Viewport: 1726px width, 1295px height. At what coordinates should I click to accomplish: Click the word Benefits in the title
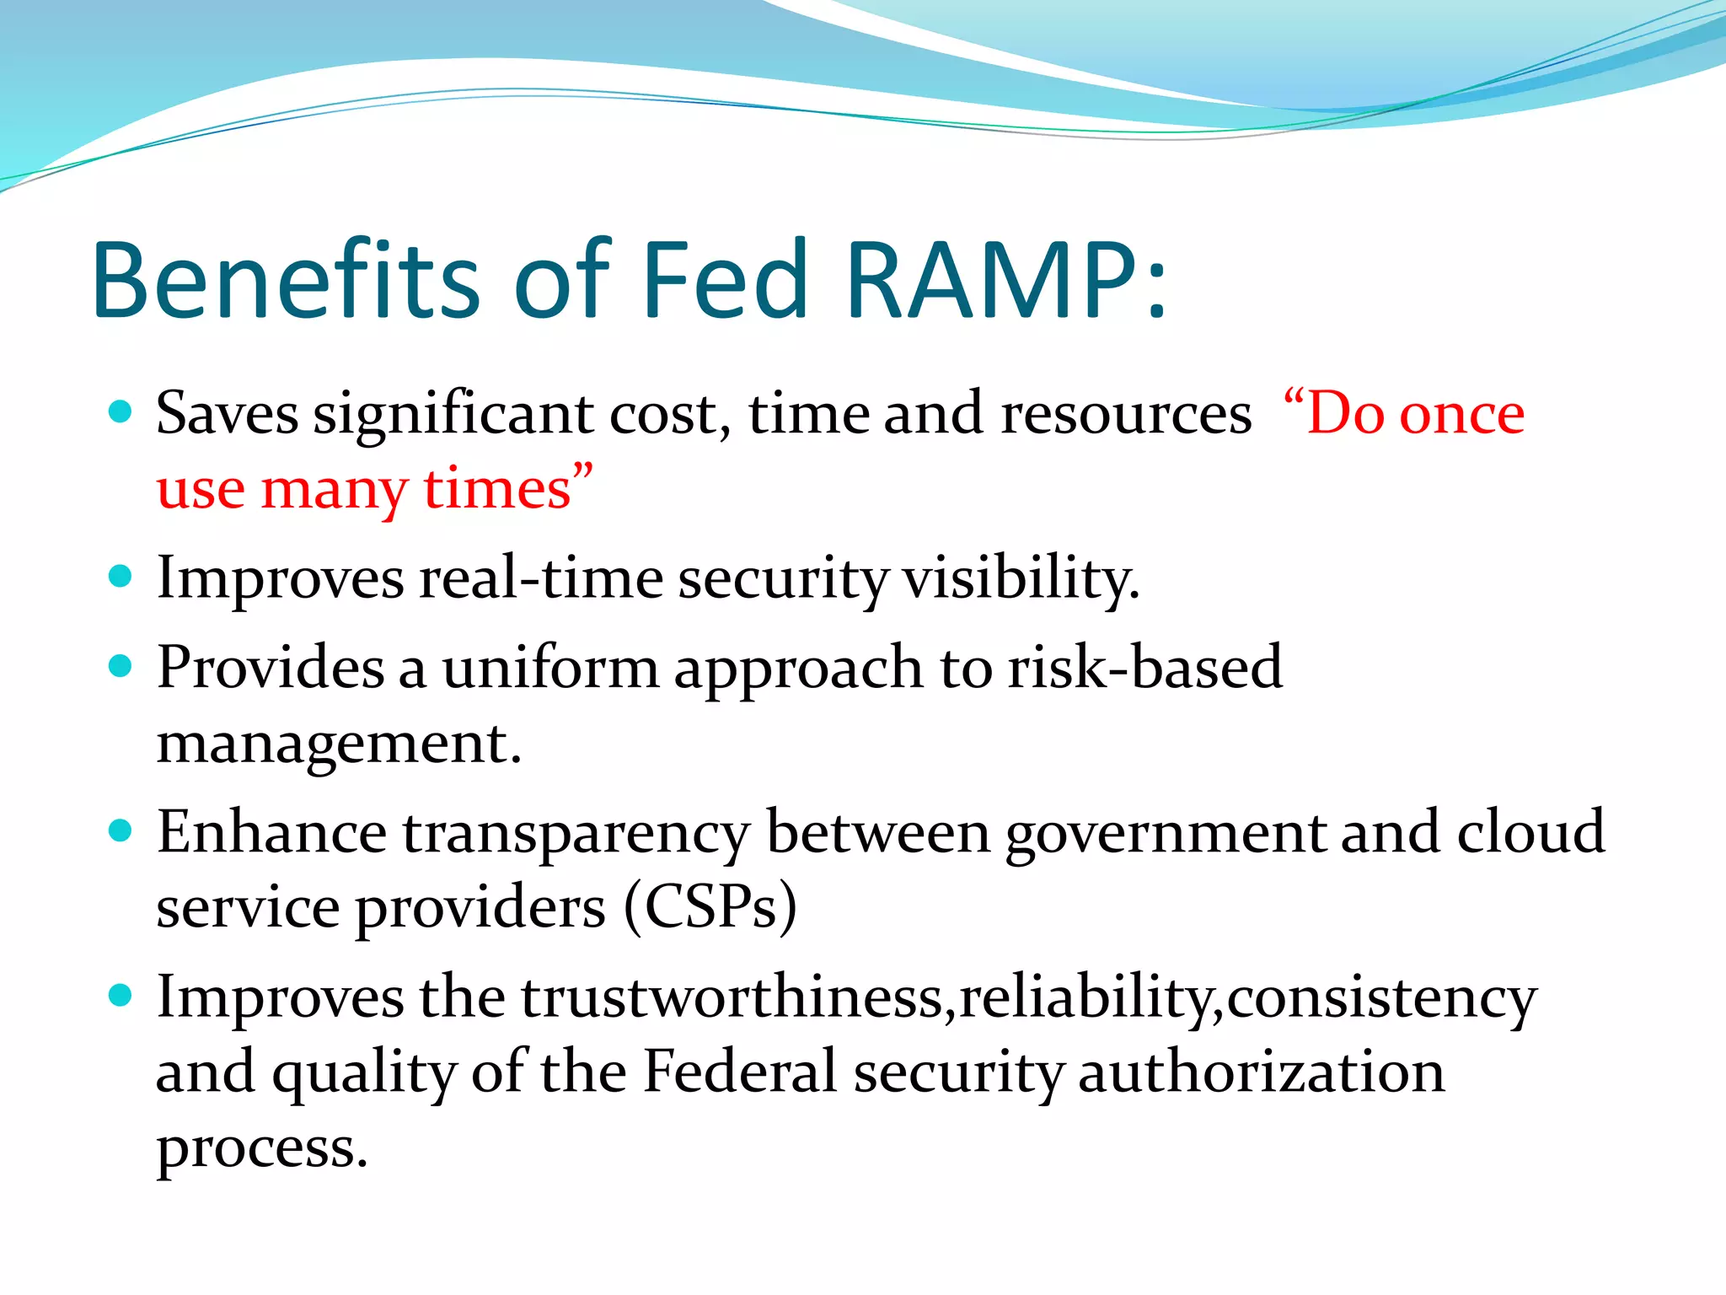(287, 281)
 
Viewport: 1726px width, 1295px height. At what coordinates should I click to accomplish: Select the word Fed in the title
(725, 281)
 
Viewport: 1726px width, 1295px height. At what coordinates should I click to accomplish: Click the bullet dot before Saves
(121, 412)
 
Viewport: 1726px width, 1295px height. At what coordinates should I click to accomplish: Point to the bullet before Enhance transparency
(121, 831)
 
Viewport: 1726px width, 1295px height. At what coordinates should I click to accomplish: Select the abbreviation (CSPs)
(710, 908)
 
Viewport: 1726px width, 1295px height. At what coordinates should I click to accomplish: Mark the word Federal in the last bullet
(739, 1072)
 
